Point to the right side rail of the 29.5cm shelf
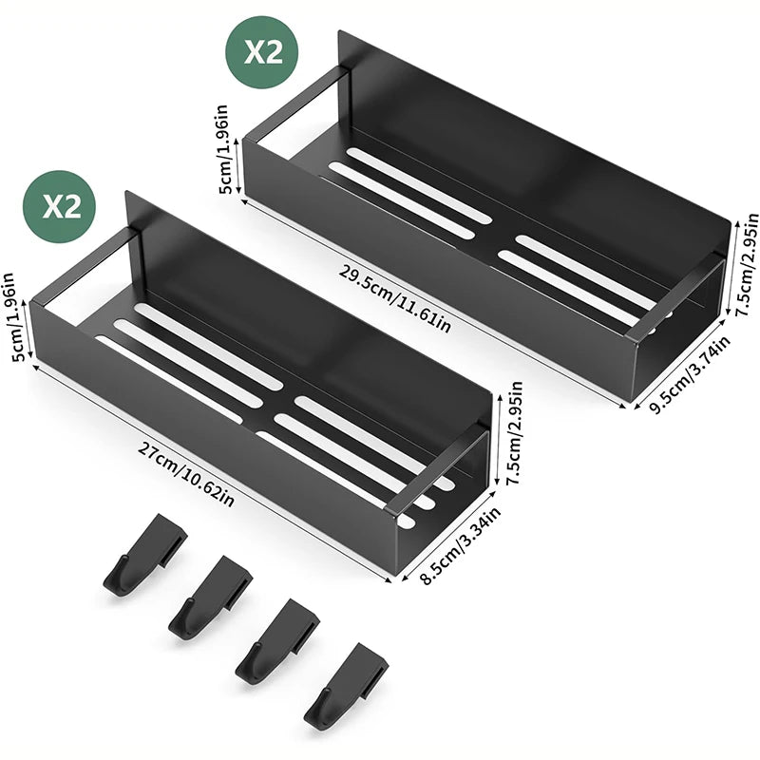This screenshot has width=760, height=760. point(676,294)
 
